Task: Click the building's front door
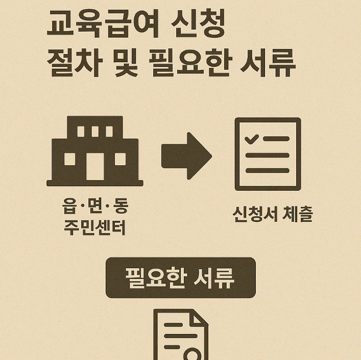(x=95, y=166)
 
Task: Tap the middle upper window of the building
(x=95, y=131)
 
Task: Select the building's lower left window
(x=70, y=160)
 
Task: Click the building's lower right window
(x=120, y=160)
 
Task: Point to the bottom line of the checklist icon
(x=268, y=171)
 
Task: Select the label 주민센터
(x=94, y=226)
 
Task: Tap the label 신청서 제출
(x=272, y=215)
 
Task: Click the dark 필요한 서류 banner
(x=180, y=278)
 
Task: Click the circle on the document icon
(x=191, y=354)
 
